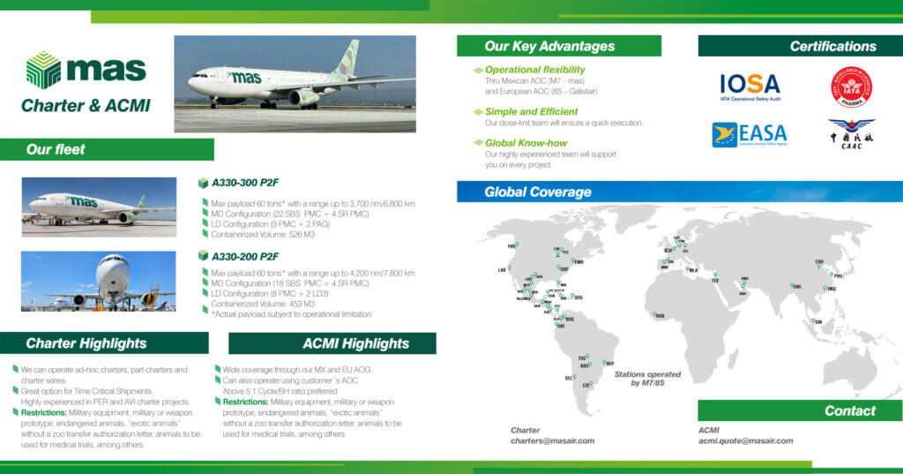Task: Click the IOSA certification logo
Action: (750, 86)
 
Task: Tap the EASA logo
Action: (750, 135)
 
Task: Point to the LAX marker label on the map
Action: (502, 270)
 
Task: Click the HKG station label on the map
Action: (832, 289)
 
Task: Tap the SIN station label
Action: (818, 323)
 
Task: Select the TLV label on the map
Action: (715, 281)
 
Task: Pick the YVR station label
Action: (511, 247)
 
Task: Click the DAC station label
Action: (797, 286)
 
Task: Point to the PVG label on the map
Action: (838, 276)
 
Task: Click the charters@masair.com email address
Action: (553, 440)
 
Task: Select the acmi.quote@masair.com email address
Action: (745, 440)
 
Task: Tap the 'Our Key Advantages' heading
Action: (549, 46)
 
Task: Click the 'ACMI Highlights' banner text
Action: (355, 343)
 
